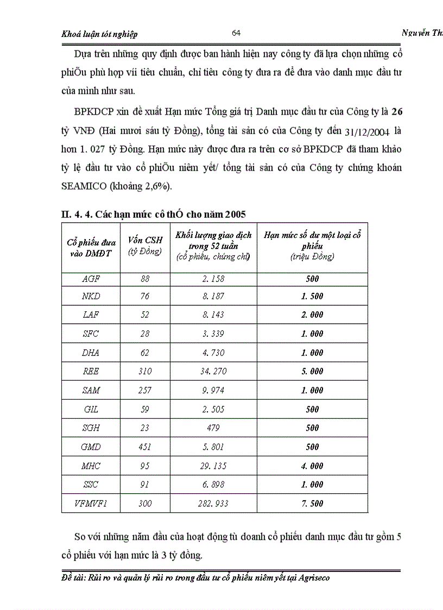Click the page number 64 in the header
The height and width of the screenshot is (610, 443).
coord(236,33)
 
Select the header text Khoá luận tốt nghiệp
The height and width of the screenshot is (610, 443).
coord(100,34)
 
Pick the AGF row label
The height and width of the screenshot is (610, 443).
coord(90,279)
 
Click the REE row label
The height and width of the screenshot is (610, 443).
coord(90,372)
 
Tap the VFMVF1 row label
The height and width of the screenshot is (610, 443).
coord(90,504)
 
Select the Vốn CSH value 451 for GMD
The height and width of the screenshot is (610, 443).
coord(144,447)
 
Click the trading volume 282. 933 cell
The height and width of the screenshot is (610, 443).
coord(213,504)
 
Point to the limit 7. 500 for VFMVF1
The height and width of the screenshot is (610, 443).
coord(312,504)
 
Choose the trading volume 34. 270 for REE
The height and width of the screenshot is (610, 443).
coord(213,372)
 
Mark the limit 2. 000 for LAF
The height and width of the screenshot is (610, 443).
coord(312,315)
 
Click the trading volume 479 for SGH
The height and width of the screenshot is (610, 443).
coord(213,428)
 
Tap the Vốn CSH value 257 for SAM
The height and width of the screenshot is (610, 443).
coord(144,391)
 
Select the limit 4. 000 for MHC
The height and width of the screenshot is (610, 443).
coord(312,466)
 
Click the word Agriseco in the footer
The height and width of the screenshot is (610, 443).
coord(313,578)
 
